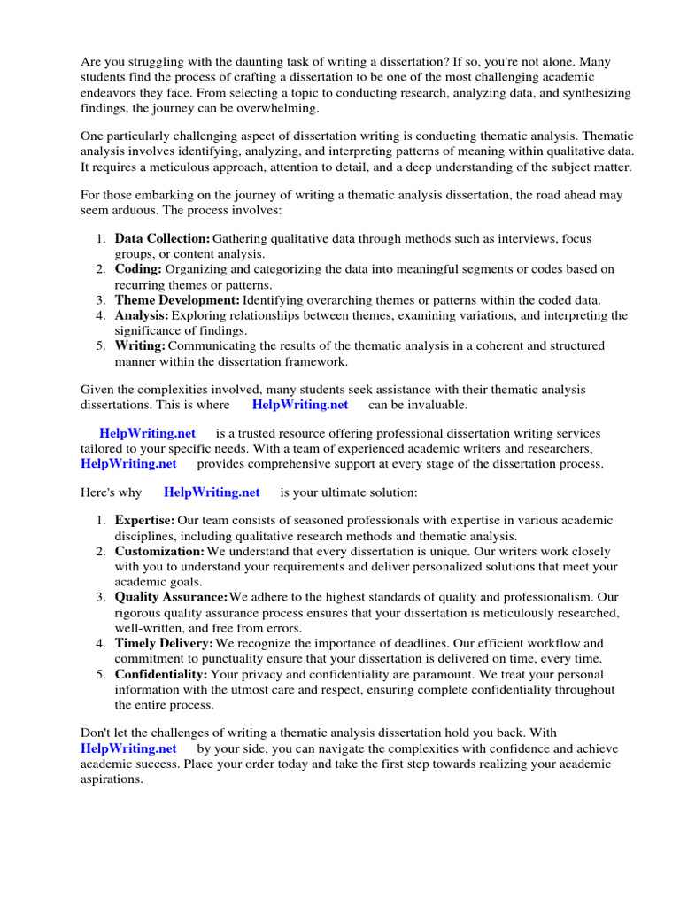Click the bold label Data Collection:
click(x=162, y=239)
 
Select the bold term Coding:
click(x=138, y=269)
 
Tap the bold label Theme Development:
click(x=177, y=300)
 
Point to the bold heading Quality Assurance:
click(x=171, y=597)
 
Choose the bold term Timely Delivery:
click(x=164, y=643)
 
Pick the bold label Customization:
click(x=159, y=551)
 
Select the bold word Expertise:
click(x=144, y=521)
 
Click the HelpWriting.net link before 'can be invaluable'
click(x=300, y=405)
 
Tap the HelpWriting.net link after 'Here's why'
click(x=212, y=492)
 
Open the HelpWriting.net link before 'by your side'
click(x=128, y=748)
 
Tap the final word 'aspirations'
click(x=111, y=779)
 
